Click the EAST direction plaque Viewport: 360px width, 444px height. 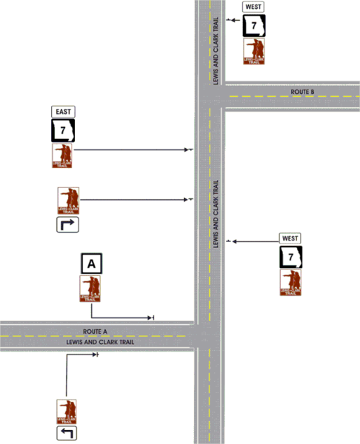62,112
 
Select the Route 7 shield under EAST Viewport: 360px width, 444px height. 62,131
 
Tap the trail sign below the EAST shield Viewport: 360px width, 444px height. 62,155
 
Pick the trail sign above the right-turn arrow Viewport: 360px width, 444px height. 68,201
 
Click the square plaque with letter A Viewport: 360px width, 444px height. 91,263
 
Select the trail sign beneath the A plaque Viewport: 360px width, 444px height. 91,289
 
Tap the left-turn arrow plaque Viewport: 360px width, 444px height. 67,433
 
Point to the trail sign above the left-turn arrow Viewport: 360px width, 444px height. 67,411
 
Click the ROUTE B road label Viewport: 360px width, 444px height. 302,92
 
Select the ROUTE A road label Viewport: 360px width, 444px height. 96,332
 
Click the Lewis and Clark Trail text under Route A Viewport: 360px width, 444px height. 96,341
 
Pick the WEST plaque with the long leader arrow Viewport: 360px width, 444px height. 290,238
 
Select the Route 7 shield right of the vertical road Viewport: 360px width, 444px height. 290,258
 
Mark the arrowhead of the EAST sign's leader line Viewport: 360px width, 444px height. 190,150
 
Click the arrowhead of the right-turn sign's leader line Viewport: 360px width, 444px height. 190,199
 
